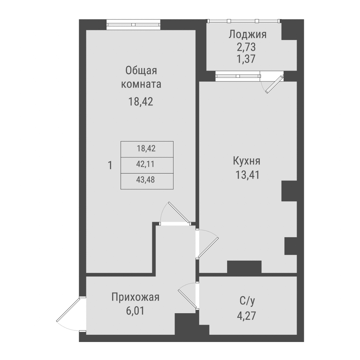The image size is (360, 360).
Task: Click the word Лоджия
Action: (247, 35)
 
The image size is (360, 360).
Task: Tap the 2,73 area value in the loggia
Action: (247, 47)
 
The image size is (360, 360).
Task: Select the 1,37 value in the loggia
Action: (247, 59)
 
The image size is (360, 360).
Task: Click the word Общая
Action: (141, 71)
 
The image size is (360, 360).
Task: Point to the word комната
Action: (141, 85)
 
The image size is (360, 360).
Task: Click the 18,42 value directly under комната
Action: (141, 102)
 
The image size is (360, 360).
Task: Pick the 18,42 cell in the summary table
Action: (147, 148)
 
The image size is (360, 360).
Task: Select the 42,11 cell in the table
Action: (147, 164)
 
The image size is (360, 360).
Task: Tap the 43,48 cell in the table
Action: (147, 180)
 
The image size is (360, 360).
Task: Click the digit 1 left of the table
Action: (110, 166)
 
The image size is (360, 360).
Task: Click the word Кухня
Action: (247, 161)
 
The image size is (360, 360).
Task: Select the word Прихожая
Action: (135, 297)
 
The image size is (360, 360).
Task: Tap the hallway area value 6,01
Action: (135, 310)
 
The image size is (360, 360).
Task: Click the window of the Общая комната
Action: (133, 25)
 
